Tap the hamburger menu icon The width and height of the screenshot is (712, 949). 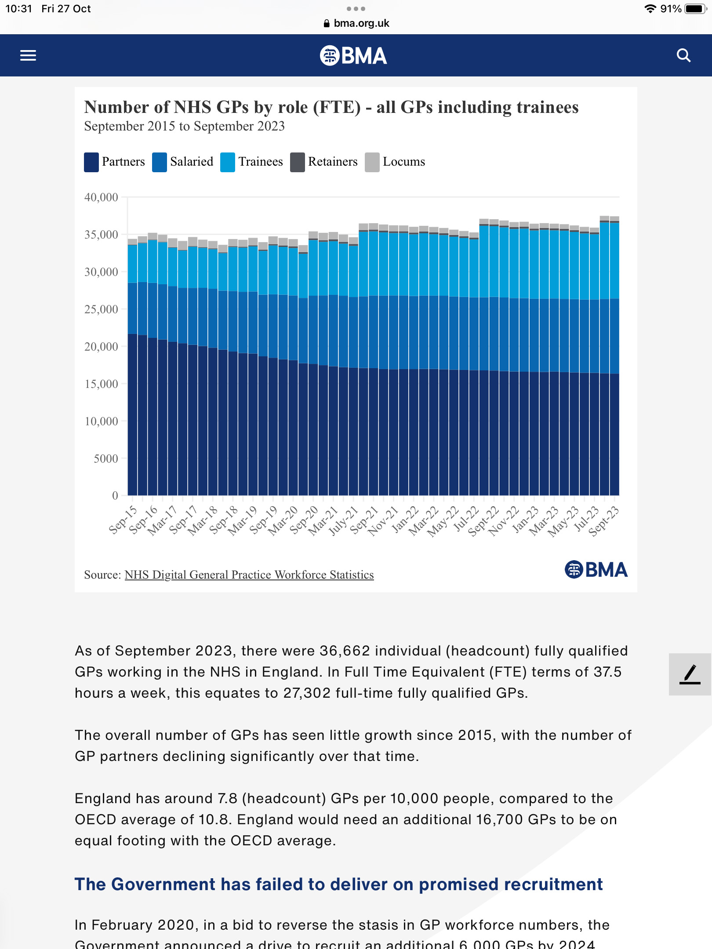pos(28,55)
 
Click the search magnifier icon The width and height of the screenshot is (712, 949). pos(683,55)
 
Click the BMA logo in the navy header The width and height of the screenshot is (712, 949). pos(353,56)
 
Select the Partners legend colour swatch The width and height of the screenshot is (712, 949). pos(91,162)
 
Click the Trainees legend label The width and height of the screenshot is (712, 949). pos(261,162)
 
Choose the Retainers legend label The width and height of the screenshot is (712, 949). pos(333,162)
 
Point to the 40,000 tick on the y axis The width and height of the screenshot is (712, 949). pos(101,197)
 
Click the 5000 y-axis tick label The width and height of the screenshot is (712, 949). pos(105,459)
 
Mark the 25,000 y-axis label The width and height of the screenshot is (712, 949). pos(101,309)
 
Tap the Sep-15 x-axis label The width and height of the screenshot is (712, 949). pos(123,520)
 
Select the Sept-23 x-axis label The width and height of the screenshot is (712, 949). pos(603,521)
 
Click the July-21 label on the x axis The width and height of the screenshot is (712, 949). pos(343,521)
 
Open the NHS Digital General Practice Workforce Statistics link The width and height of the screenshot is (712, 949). pos(249,575)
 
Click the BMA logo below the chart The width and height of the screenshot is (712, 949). pos(596,569)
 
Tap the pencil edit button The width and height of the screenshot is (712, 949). pos(690,674)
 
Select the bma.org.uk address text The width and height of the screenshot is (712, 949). pos(361,23)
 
